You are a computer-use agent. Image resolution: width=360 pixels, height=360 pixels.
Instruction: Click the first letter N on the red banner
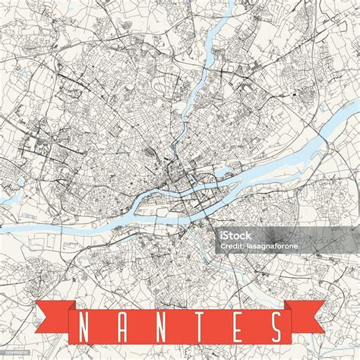[84, 327]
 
